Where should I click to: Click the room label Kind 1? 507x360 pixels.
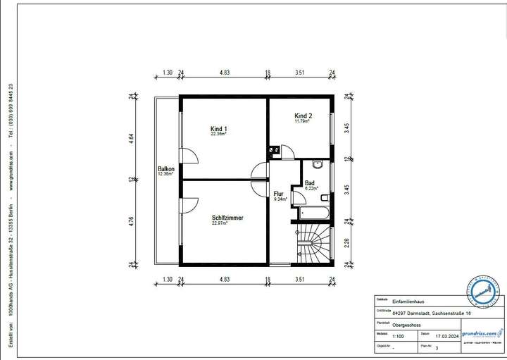point(219,129)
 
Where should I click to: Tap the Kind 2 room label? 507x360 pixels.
point(303,116)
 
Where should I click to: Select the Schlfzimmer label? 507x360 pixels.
point(227,218)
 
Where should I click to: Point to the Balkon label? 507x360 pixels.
point(166,169)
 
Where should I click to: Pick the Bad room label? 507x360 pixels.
point(311,184)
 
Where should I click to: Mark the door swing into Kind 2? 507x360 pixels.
point(287,149)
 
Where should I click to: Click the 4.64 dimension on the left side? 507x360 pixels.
point(131,138)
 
